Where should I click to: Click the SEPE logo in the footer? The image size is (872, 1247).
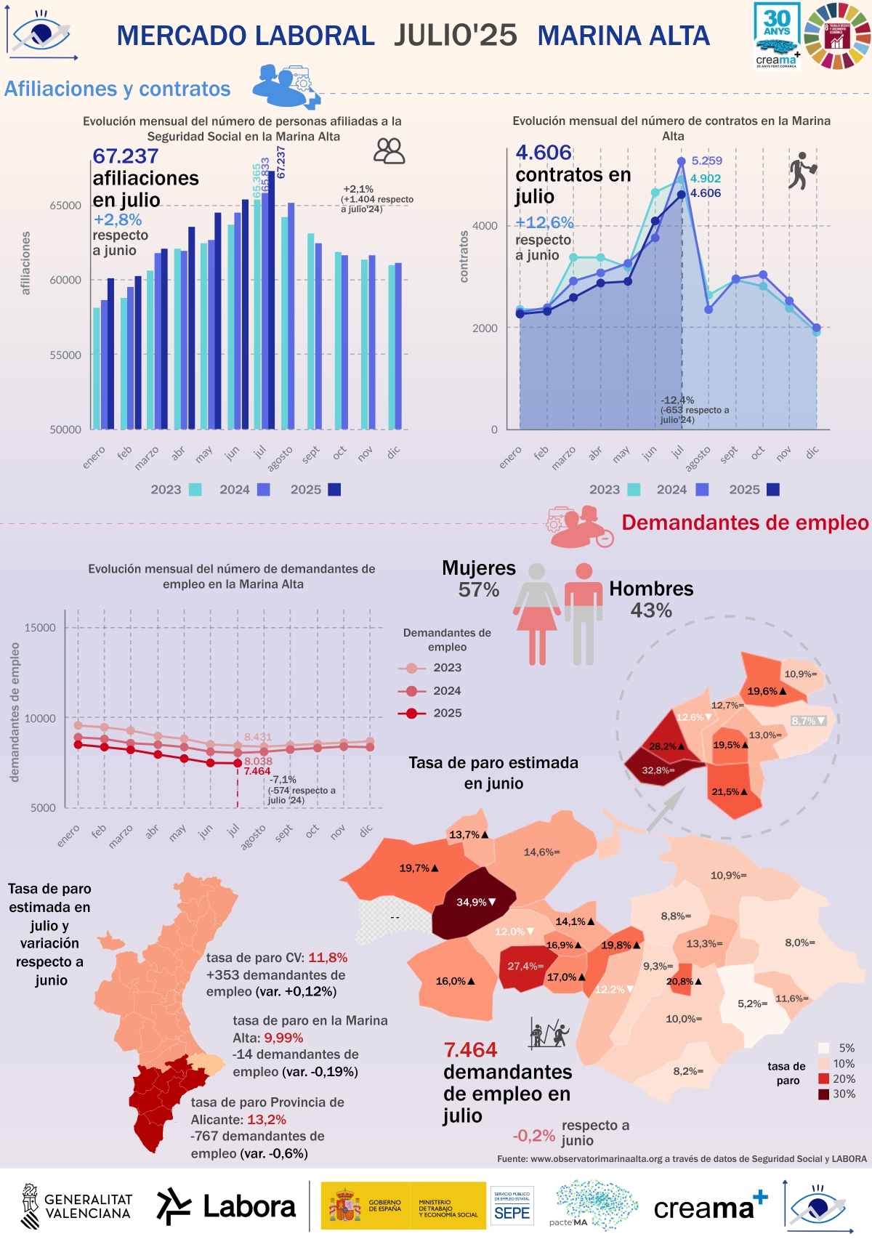(512, 1207)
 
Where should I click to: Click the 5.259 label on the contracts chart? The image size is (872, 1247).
(706, 161)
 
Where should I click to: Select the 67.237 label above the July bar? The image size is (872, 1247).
(281, 162)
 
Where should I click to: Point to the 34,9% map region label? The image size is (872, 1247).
(475, 903)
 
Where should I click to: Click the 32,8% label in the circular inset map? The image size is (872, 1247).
(658, 770)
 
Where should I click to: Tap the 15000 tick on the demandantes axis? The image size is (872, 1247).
(40, 628)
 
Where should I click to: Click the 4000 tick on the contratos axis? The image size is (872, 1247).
(485, 226)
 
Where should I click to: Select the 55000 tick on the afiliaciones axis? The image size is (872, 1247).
(65, 355)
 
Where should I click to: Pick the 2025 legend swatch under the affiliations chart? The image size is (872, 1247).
(334, 490)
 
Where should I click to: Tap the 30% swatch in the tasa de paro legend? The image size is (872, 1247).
(823, 1094)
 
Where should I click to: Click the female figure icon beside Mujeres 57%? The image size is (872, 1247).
(537, 614)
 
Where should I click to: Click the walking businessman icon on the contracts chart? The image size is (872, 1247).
(801, 171)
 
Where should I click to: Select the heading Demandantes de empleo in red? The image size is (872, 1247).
(745, 522)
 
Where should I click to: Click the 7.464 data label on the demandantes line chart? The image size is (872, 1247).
(257, 771)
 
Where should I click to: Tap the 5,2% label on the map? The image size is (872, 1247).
(752, 1004)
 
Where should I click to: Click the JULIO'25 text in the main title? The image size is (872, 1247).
(456, 35)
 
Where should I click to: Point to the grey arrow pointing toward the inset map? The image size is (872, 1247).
(666, 808)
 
